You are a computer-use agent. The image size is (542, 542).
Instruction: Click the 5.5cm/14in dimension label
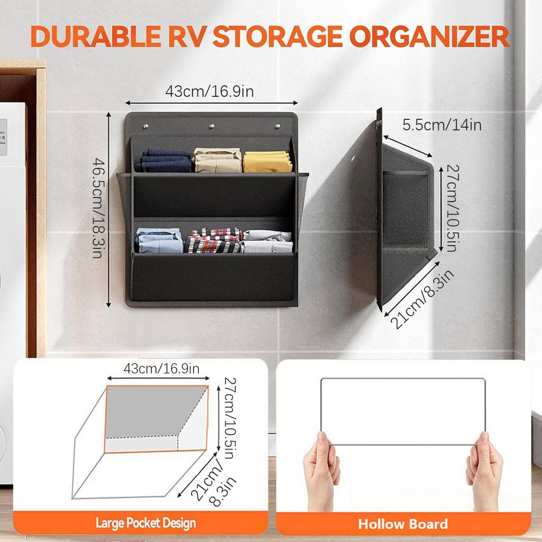click(442, 125)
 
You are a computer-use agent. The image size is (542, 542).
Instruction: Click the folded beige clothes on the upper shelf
click(217, 160)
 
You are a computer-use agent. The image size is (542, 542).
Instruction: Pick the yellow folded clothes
click(268, 161)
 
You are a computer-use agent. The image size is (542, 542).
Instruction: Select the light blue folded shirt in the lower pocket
click(159, 241)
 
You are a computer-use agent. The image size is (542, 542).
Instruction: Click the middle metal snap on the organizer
click(212, 127)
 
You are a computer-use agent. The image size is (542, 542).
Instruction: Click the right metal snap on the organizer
click(278, 127)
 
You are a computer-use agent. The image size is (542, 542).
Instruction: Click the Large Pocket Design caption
click(146, 523)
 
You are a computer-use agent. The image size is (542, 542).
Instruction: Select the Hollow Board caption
click(403, 524)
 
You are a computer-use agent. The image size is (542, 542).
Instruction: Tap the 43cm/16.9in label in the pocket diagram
click(162, 370)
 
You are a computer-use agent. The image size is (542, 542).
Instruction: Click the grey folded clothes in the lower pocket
click(268, 242)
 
